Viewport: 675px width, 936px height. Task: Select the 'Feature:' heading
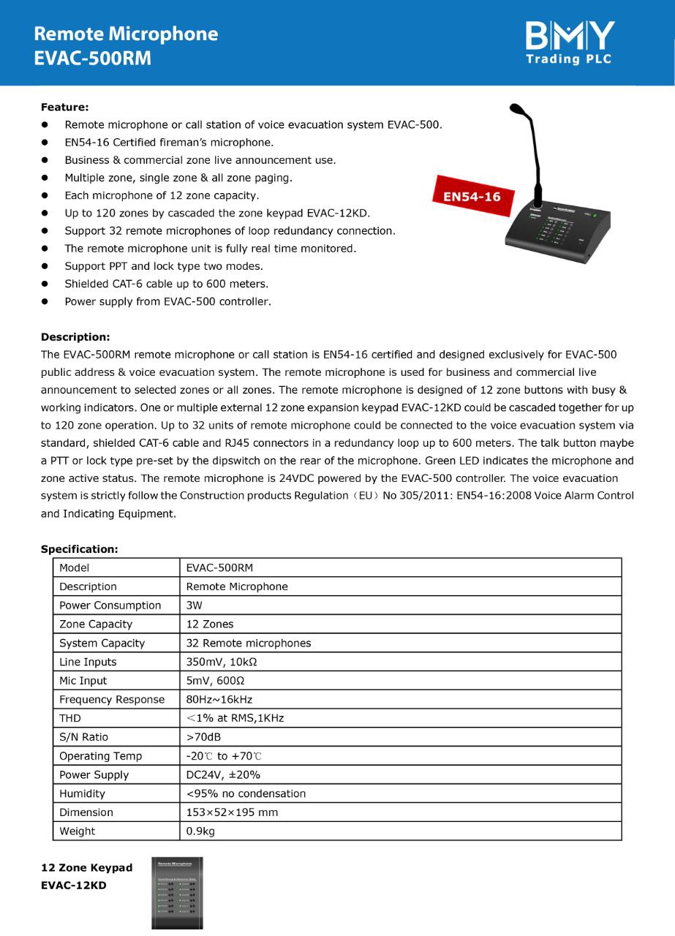tap(64, 107)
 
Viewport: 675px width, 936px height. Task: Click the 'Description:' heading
tap(75, 337)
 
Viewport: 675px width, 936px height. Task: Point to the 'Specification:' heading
tap(79, 548)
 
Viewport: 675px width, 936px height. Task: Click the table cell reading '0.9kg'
tap(200, 831)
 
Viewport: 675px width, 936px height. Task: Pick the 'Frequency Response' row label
tap(112, 700)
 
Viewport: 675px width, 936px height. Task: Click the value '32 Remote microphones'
tap(249, 643)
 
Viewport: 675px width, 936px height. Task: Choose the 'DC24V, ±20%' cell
tap(223, 775)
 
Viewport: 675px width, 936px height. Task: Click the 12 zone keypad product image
tap(177, 893)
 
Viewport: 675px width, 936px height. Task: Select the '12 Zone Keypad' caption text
tap(86, 868)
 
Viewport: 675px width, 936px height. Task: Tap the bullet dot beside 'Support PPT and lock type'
tap(45, 266)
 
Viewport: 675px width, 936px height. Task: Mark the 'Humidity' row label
tap(82, 793)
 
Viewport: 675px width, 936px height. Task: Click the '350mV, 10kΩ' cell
tap(222, 662)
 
